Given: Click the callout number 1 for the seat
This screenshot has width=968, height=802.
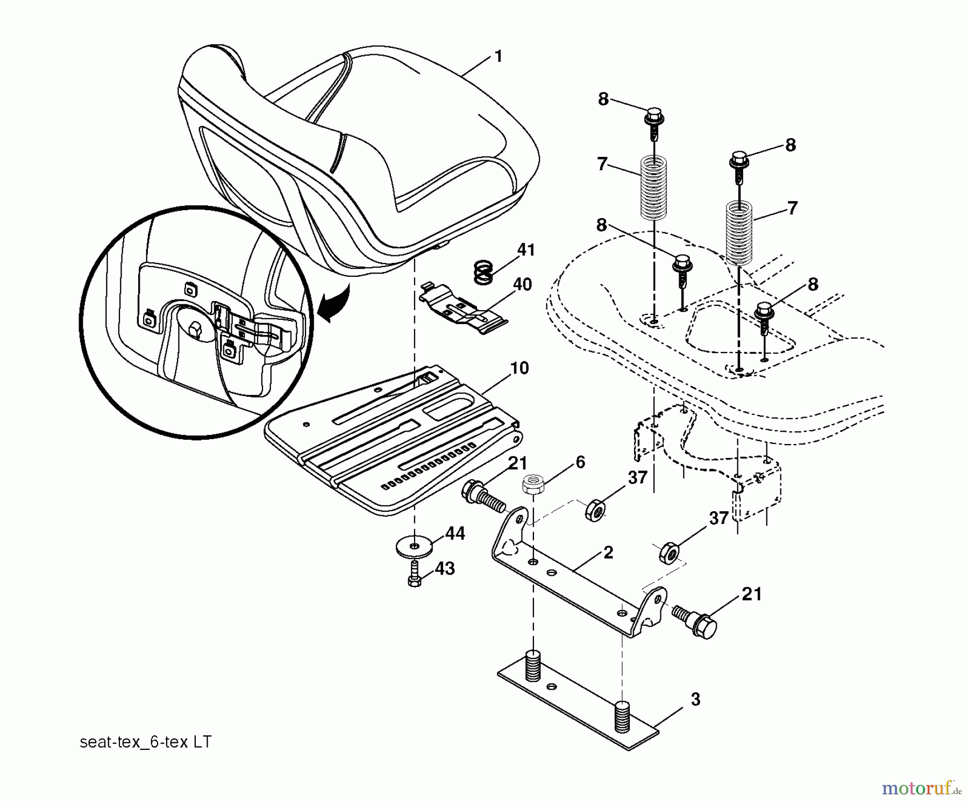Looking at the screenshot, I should (498, 56).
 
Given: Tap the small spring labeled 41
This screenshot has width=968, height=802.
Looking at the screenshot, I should (483, 271).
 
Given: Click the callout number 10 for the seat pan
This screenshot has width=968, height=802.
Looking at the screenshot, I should (519, 368).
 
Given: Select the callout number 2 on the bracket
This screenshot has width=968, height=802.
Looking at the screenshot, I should (608, 553).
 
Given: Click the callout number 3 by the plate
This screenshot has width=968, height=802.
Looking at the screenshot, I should (695, 700).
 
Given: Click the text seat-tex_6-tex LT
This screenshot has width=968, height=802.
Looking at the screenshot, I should (145, 742).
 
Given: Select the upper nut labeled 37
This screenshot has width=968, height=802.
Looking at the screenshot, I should (595, 508).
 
